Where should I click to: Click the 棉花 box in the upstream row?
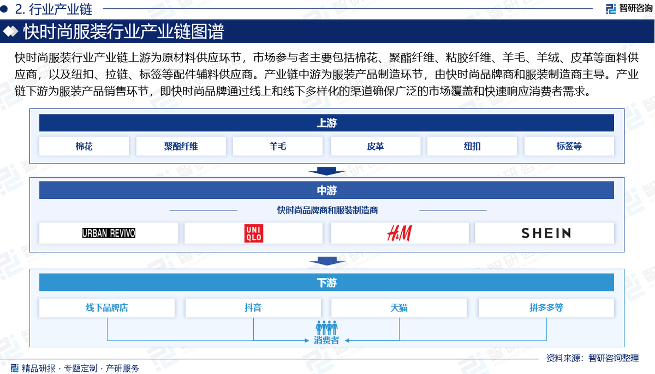(84, 146)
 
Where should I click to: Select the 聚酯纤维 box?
(181, 146)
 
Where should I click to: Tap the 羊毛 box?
(278, 146)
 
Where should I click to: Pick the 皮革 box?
(376, 146)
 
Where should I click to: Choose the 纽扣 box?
(472, 146)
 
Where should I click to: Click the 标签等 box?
(569, 146)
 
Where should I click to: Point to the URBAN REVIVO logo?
(109, 233)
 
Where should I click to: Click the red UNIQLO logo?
(254, 233)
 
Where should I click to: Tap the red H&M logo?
(400, 233)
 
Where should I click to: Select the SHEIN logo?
(546, 233)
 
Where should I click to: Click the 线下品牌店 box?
(107, 307)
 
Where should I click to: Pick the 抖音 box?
(253, 307)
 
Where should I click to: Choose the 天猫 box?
(399, 307)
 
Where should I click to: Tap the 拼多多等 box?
(546, 307)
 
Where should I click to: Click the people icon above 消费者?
(326, 328)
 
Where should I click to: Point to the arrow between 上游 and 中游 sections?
(326, 171)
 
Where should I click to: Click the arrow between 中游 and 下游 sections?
(327, 261)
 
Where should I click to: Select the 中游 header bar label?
(326, 190)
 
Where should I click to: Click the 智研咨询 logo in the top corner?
(629, 9)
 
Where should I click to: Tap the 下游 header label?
(326, 282)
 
